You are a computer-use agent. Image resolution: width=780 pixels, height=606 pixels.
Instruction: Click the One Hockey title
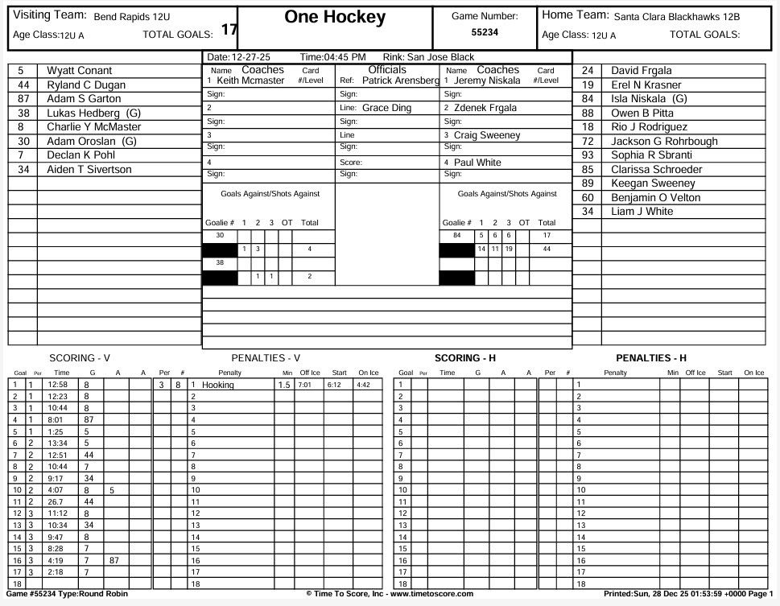click(x=335, y=18)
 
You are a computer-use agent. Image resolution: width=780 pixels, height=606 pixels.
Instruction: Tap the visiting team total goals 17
click(x=229, y=30)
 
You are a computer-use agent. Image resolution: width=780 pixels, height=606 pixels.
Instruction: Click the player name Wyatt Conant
click(x=79, y=71)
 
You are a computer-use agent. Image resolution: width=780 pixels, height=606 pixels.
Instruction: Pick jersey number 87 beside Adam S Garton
click(x=23, y=99)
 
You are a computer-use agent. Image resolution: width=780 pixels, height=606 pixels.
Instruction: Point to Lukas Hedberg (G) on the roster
click(x=93, y=113)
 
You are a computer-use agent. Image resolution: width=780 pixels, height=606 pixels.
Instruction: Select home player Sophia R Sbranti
click(x=651, y=155)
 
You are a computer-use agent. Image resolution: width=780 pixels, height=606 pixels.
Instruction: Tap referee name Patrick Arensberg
click(x=400, y=80)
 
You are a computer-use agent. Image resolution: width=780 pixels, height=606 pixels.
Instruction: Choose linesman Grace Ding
click(x=386, y=108)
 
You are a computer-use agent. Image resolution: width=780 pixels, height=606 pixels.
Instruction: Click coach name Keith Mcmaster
click(x=250, y=80)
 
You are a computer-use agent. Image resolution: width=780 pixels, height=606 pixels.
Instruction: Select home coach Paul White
click(x=477, y=163)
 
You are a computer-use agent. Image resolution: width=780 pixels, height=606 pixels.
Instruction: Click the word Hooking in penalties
click(x=217, y=385)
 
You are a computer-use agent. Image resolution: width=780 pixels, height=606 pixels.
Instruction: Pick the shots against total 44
click(x=547, y=249)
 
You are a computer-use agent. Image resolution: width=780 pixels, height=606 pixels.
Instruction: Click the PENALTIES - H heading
click(x=651, y=358)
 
